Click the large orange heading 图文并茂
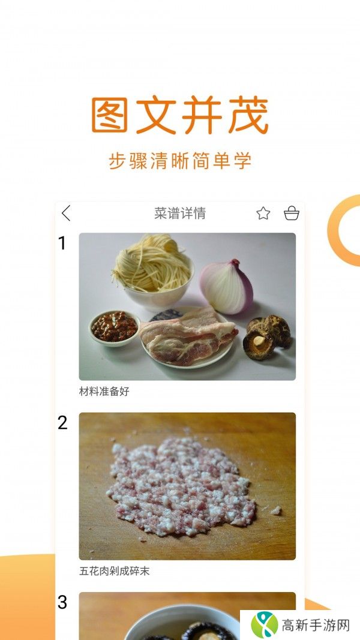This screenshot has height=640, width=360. click(179, 115)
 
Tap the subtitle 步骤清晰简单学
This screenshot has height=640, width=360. click(179, 161)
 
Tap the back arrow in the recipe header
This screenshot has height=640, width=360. click(66, 213)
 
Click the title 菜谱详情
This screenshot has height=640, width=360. click(180, 214)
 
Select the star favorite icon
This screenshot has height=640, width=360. click(263, 214)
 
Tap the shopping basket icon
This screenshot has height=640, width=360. click(291, 214)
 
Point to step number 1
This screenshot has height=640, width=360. click(62, 243)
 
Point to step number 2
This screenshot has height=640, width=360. click(62, 423)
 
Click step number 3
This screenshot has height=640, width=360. click(62, 602)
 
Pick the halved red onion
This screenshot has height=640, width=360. click(226, 287)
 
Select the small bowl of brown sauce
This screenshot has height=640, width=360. click(114, 327)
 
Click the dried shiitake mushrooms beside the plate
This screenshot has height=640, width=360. click(267, 336)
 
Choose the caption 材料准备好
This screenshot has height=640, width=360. click(104, 392)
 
